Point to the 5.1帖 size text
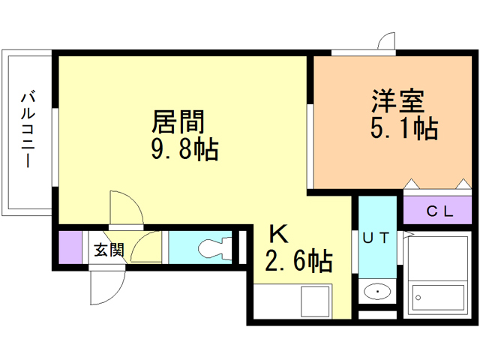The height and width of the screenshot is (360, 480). tap(403, 128)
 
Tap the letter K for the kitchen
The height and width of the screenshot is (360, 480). tap(277, 234)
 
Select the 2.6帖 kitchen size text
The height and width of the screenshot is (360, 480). tap(298, 262)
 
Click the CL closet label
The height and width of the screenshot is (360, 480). tap(439, 211)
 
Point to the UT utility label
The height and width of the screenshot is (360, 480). tap(376, 238)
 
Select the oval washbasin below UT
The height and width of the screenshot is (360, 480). tap(376, 291)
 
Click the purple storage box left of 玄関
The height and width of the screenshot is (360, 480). tap(70, 248)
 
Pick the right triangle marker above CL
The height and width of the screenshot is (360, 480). tap(463, 183)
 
